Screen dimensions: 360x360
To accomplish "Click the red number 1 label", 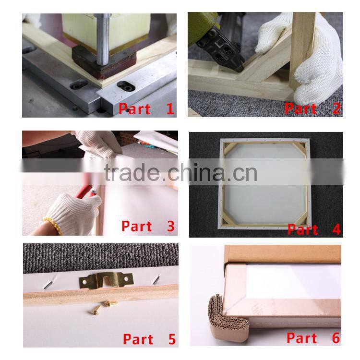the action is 170,108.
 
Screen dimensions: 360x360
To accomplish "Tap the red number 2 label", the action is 336,108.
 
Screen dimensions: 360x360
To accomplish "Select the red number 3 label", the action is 171,226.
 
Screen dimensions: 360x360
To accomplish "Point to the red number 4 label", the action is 336,229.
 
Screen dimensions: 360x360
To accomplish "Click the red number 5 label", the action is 172,339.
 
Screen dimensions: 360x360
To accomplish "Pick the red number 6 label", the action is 336,338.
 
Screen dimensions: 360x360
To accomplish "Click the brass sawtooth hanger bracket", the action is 106,280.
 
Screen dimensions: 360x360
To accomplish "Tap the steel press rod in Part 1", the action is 102,39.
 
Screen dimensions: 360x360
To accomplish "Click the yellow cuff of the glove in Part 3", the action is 53,226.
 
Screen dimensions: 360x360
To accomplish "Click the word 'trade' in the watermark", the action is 132,173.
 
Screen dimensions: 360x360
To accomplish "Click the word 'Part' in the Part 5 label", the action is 138,339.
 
